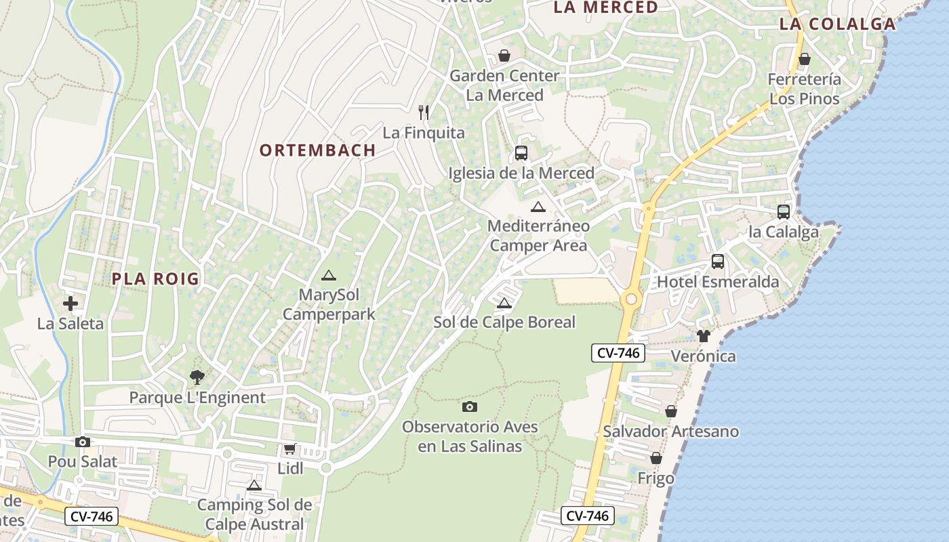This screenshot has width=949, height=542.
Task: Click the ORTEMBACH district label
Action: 317,150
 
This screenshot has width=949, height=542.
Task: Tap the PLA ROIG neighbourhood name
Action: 156,278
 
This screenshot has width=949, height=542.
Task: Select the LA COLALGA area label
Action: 837,24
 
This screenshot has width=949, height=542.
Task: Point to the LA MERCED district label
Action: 605,7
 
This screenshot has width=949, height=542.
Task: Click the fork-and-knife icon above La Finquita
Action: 424,112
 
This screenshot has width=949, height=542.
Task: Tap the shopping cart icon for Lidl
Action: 290,449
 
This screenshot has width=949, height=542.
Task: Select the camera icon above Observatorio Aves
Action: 469,406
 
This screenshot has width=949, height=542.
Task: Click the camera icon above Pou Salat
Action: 83,442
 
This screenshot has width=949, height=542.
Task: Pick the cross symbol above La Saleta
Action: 70,304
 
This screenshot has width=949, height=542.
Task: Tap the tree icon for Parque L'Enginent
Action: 197,377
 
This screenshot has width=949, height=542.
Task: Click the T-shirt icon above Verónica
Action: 703,335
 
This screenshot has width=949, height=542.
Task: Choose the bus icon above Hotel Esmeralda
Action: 718,262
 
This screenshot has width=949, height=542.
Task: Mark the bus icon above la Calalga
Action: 784,212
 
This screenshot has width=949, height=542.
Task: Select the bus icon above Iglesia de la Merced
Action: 521,153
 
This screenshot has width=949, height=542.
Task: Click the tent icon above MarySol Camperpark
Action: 329,275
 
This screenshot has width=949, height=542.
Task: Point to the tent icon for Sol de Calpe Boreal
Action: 504,303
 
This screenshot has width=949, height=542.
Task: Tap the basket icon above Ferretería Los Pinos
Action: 804,60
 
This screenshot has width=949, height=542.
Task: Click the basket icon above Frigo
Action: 655,458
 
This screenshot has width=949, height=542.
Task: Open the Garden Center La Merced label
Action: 505,85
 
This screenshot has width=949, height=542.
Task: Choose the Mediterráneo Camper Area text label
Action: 539,235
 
